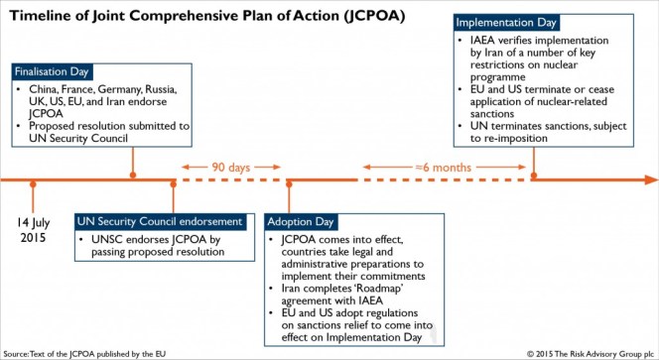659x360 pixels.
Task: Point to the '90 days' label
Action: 230,167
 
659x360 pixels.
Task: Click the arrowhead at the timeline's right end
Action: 650,180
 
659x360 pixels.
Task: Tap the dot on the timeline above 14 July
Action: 33,180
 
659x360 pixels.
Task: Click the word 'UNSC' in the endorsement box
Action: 105,239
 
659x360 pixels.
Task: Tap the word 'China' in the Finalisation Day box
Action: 44,89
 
